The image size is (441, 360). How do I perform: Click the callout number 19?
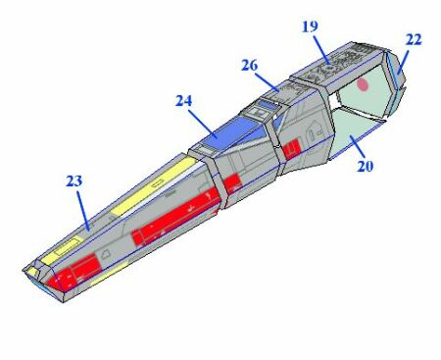(310, 26)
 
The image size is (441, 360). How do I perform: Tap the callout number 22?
(414, 40)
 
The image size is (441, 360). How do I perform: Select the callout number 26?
(250, 66)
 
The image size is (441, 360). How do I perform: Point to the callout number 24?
(183, 101)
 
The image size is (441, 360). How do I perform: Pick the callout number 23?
(74, 180)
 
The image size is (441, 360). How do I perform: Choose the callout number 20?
(365, 166)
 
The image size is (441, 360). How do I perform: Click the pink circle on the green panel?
(363, 84)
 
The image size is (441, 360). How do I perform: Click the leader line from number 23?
(83, 211)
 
